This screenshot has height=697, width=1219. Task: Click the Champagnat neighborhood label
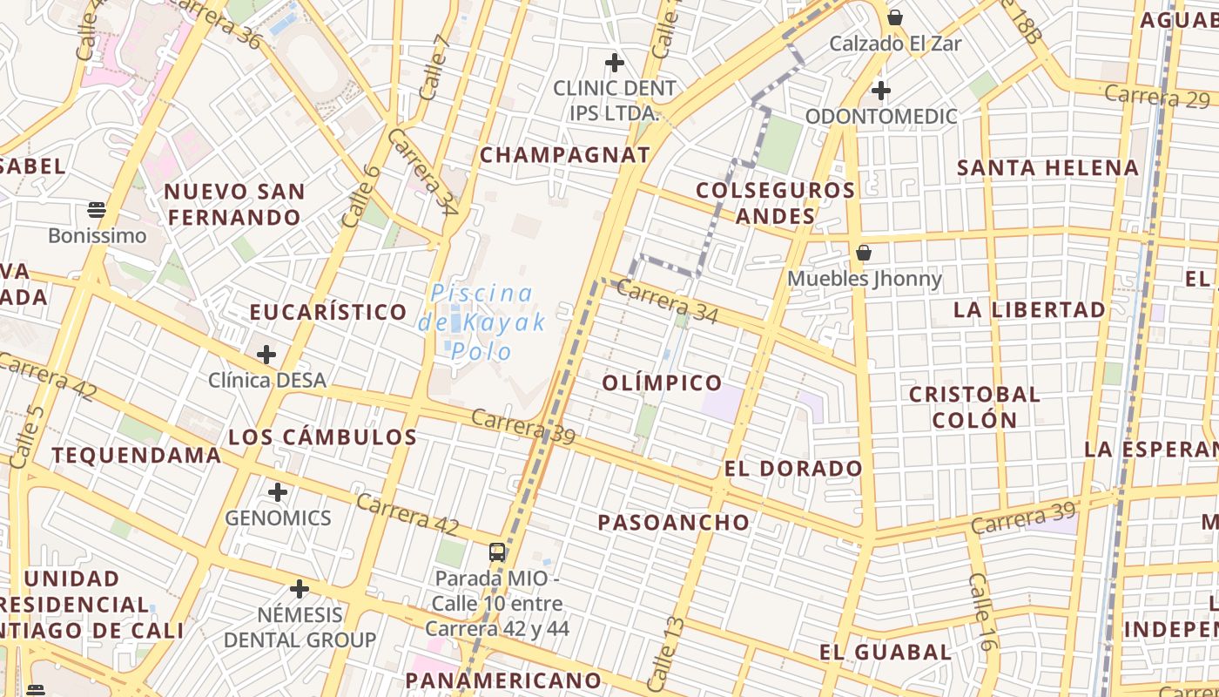[565, 155]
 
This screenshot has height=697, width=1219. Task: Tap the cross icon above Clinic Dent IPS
[615, 63]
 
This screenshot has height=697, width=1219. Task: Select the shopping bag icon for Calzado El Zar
[894, 17]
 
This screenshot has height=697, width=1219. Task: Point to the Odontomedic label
[880, 116]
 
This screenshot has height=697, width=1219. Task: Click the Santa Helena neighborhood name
[1047, 167]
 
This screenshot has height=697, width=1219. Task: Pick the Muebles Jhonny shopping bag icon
[864, 254]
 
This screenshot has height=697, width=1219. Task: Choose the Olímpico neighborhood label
[662, 382]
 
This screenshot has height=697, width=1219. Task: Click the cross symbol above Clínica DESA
[266, 355]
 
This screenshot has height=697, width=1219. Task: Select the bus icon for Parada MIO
[497, 552]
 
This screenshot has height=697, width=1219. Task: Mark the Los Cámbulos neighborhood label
[322, 437]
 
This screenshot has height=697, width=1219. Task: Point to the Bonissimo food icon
[97, 210]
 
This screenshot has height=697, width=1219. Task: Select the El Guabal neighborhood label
[885, 652]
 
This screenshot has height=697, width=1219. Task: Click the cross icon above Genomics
[278, 492]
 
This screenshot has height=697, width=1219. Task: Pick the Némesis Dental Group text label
[300, 627]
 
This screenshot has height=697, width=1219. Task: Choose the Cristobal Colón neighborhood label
[974, 407]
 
